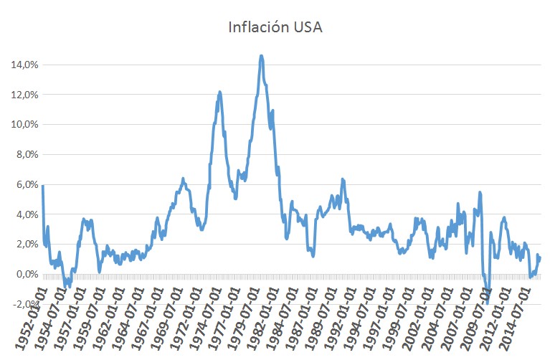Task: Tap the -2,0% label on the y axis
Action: pyautogui.click(x=24, y=304)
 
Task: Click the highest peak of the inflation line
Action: pyautogui.click(x=262, y=55)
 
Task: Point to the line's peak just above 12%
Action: pyautogui.click(x=219, y=92)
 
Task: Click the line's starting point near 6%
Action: pyautogui.click(x=43, y=186)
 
